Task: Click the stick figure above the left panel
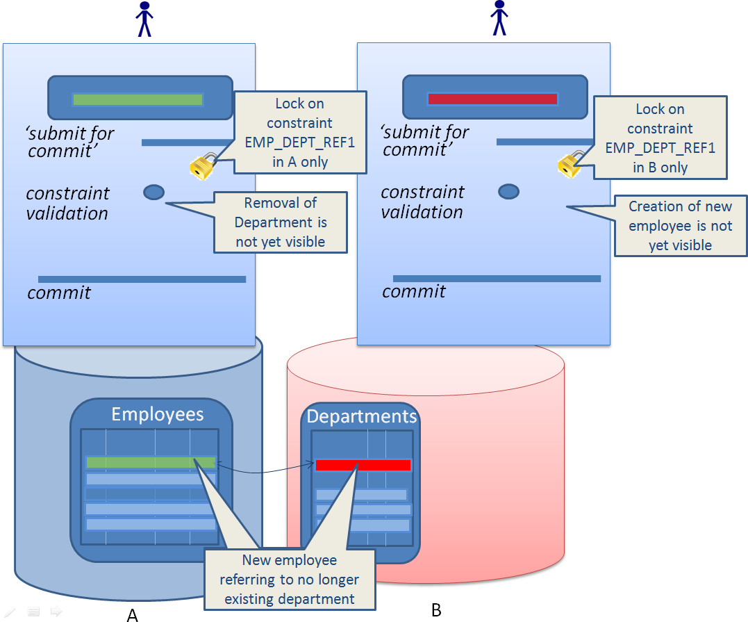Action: [x=144, y=19]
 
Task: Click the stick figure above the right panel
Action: [x=499, y=17]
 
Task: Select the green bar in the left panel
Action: [x=138, y=100]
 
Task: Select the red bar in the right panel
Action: [x=492, y=99]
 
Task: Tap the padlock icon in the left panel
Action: [x=201, y=165]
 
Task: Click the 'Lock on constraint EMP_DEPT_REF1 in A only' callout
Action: [x=299, y=132]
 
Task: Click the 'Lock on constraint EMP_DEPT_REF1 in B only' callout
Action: [x=660, y=138]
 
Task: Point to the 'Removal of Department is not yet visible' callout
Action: [x=281, y=222]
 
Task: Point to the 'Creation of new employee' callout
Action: [x=680, y=225]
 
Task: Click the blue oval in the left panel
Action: [x=153, y=192]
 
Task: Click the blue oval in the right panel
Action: [x=509, y=191]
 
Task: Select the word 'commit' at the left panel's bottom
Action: [x=59, y=293]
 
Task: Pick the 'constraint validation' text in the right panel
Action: [x=422, y=202]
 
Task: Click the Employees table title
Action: [x=158, y=415]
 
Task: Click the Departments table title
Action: [x=362, y=416]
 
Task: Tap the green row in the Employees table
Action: [x=150, y=462]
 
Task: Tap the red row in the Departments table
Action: [x=363, y=465]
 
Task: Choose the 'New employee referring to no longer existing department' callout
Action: [x=289, y=580]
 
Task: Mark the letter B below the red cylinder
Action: [x=436, y=610]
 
